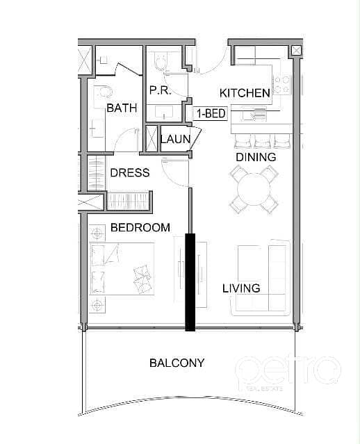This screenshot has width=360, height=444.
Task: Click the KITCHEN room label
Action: pyautogui.click(x=245, y=93)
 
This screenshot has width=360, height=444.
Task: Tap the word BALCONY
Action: pyautogui.click(x=177, y=363)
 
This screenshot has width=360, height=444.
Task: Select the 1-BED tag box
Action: pyautogui.click(x=211, y=113)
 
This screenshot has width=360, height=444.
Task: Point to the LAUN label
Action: pyautogui.click(x=176, y=140)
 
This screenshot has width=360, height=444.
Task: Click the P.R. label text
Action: pyautogui.click(x=160, y=90)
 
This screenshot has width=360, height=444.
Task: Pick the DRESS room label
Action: pyautogui.click(x=130, y=173)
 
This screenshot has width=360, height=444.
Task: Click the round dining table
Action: pyautogui.click(x=254, y=189)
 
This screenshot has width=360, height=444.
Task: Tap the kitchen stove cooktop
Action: pyautogui.click(x=282, y=84)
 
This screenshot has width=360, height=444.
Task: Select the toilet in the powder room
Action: pyautogui.click(x=161, y=62)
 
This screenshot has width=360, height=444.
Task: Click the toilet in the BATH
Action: pyautogui.click(x=104, y=92)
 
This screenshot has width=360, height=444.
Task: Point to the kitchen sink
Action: pyautogui.click(x=254, y=114)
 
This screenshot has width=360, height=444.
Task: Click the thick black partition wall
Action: pyautogui.click(x=190, y=282)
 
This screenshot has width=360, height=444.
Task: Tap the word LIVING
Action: pyautogui.click(x=241, y=288)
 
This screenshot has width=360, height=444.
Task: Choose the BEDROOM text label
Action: pyautogui.click(x=140, y=227)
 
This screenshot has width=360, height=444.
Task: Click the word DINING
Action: pyautogui.click(x=256, y=157)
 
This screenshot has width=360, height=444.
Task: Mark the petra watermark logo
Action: pyautogui.click(x=288, y=371)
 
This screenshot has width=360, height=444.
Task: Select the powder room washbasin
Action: pyautogui.click(x=165, y=112)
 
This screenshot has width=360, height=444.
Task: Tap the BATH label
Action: pyautogui.click(x=122, y=108)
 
